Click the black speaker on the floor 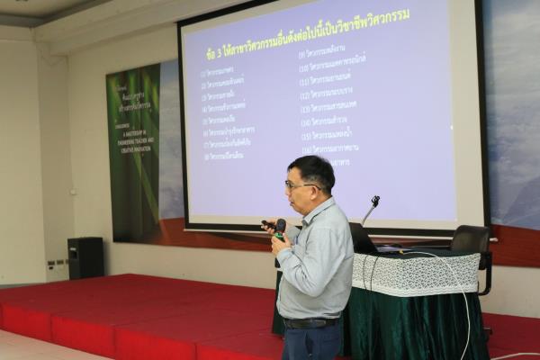coord(85,257)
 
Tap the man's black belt coord(310,322)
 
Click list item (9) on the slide coord(325,53)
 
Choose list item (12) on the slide coord(328,94)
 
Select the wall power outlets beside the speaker coord(56,265)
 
